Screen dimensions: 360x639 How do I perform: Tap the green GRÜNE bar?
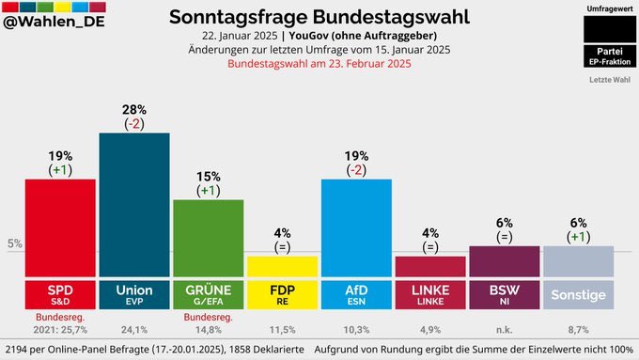point(208,238)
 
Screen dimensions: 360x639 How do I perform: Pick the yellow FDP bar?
point(282,266)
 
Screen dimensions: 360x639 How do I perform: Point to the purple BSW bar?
point(505,261)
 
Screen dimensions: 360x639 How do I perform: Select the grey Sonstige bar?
point(578,261)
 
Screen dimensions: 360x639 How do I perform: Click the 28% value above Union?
point(134,110)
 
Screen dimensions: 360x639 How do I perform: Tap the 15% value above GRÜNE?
point(208,177)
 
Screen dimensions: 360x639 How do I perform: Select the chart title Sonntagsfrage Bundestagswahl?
point(319,17)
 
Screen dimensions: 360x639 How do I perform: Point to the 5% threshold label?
point(15,244)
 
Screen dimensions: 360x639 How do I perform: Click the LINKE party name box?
point(430,294)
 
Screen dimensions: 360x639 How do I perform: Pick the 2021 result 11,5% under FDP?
point(282,330)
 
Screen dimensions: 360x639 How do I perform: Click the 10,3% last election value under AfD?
point(356,330)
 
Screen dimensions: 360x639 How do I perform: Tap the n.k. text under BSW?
point(505,330)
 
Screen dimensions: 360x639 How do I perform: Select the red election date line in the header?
point(319,64)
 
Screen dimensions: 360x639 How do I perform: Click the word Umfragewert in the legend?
point(608,8)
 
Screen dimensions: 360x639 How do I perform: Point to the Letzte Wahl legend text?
point(608,79)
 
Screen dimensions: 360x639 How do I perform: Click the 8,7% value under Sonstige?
point(578,330)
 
